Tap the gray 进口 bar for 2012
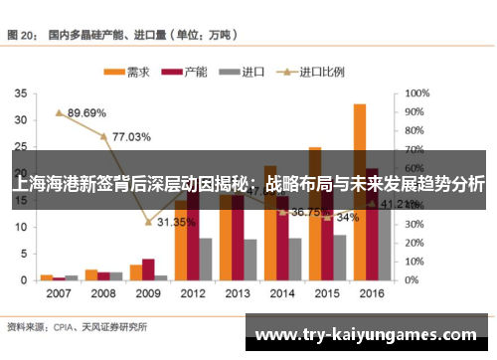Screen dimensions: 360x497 (x=206, y=259)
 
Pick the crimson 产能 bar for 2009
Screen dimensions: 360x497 (x=148, y=270)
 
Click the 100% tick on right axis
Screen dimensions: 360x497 (x=417, y=93)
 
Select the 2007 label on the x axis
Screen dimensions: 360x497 (x=58, y=295)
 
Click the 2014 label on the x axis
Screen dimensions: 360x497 (x=282, y=295)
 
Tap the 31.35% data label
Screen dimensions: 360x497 (x=176, y=222)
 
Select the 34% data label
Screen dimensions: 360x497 (x=347, y=217)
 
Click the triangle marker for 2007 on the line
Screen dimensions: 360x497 (x=59, y=113)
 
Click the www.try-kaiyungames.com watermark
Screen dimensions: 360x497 (x=366, y=334)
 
